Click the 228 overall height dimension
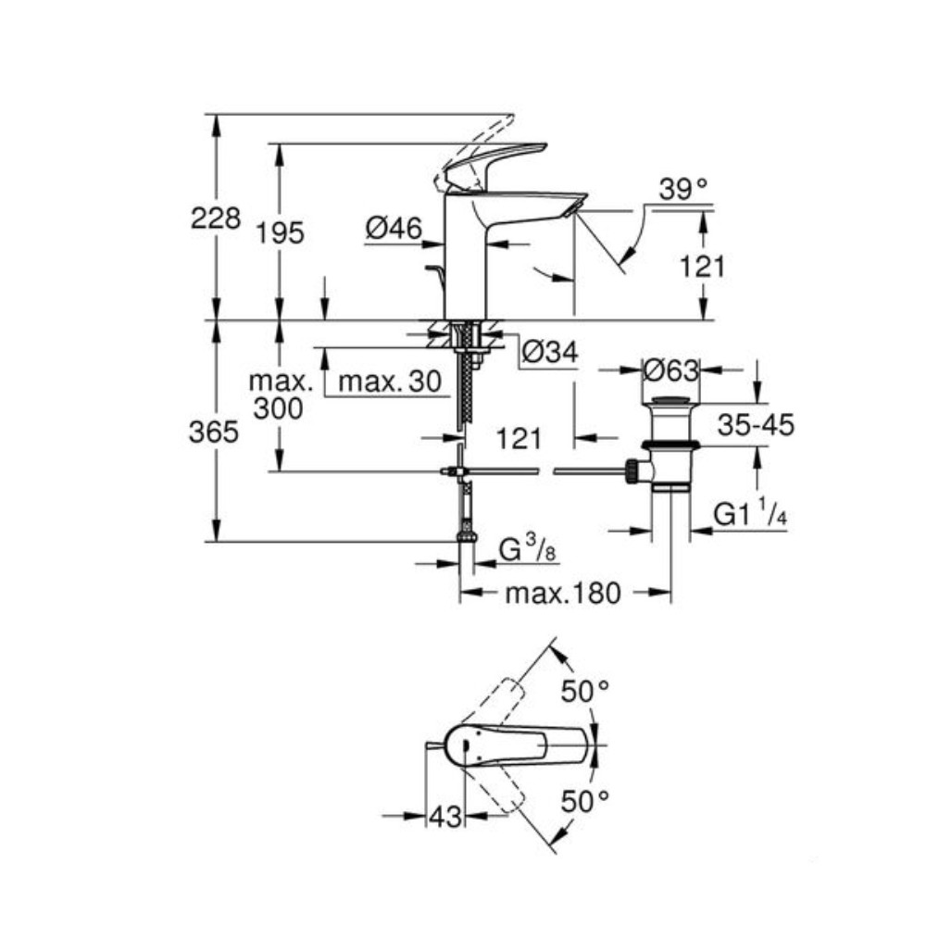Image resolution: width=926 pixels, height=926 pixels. click(215, 219)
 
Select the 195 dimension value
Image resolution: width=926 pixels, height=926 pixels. click(281, 233)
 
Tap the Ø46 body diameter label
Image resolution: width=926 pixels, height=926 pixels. click(394, 228)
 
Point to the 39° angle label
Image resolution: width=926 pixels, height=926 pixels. click(682, 191)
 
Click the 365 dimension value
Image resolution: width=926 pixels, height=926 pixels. click(215, 432)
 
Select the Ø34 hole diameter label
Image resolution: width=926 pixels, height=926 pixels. click(549, 352)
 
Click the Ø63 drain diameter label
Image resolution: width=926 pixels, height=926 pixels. click(670, 370)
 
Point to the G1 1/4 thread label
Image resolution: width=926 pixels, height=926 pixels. click(750, 514)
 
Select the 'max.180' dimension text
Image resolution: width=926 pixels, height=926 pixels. click(562, 594)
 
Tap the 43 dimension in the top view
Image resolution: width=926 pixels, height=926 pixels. click(444, 817)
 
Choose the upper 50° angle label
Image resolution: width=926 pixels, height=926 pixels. click(587, 691)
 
